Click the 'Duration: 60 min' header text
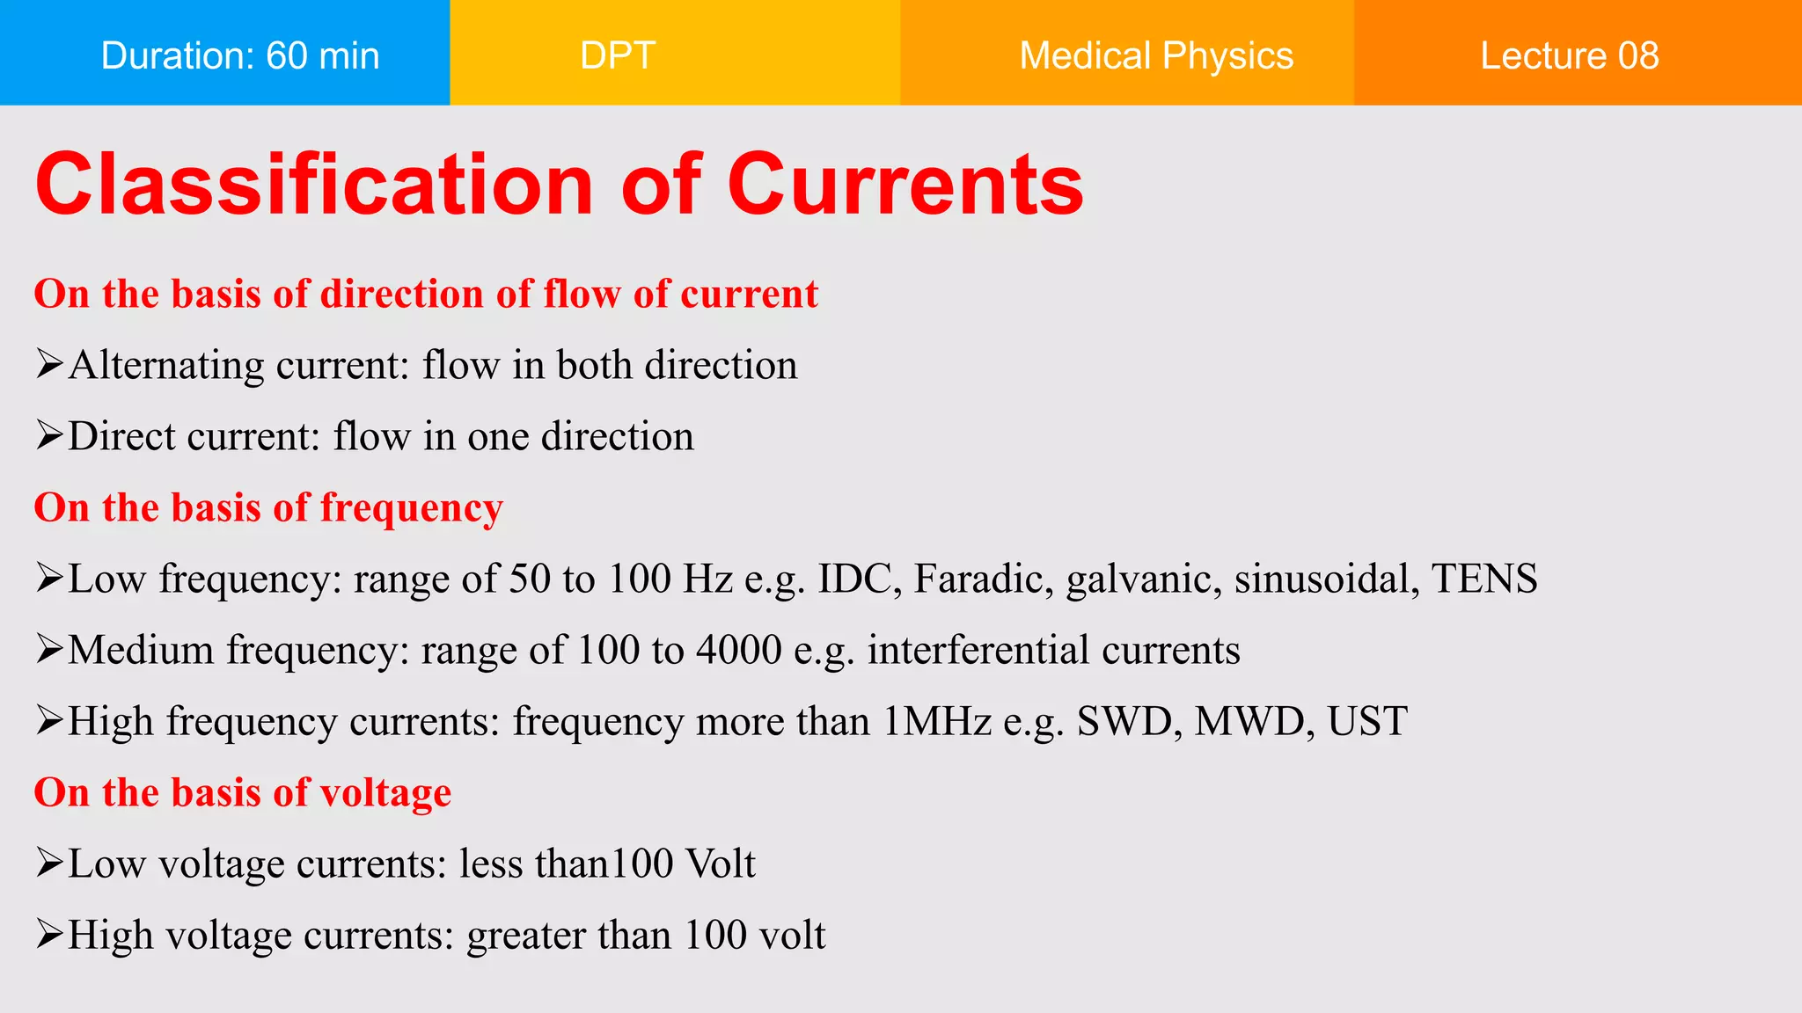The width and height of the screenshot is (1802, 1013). [x=239, y=55]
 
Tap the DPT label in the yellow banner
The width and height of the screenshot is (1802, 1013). [x=618, y=55]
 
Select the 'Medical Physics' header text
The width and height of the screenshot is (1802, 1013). [x=1156, y=55]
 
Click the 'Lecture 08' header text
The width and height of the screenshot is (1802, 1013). [x=1569, y=55]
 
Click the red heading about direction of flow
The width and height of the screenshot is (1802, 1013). [x=426, y=294]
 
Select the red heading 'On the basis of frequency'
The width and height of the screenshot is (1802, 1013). [x=268, y=507]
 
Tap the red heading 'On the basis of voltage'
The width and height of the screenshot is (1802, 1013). [x=242, y=792]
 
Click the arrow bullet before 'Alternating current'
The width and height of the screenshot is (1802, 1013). [x=49, y=363]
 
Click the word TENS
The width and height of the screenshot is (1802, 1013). [x=1484, y=579]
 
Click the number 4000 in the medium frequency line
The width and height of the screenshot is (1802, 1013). [x=739, y=650]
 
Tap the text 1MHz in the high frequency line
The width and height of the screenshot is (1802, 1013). [x=937, y=721]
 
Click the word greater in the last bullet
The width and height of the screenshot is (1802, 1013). [x=525, y=936]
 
